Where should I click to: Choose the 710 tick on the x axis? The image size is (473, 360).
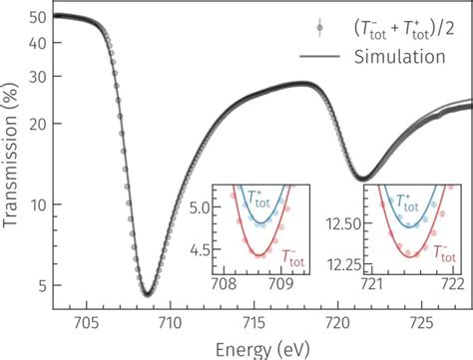[170, 322]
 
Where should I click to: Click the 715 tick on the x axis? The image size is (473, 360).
[253, 322]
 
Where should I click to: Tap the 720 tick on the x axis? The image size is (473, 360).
[338, 322]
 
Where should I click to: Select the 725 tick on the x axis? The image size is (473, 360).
[422, 322]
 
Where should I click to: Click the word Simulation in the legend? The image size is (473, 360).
[399, 57]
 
